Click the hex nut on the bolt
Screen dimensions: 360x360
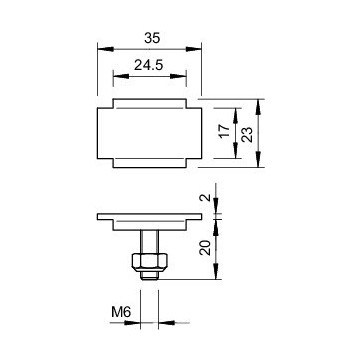[x=146, y=263]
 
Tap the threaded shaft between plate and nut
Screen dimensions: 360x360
[x=146, y=239]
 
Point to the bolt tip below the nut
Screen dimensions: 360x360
[x=146, y=278]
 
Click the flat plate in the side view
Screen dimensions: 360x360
[x=146, y=217]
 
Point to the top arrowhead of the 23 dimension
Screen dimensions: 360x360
[x=260, y=103]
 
